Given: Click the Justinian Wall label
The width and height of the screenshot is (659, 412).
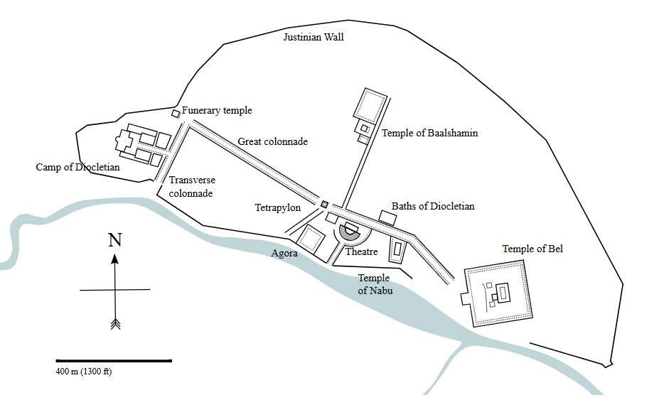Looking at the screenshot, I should pyautogui.click(x=314, y=37).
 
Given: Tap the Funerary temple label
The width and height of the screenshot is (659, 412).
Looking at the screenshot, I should pyautogui.click(x=217, y=111).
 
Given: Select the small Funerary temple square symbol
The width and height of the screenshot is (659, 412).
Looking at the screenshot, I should pyautogui.click(x=176, y=114).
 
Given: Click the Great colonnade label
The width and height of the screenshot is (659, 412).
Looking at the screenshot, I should pyautogui.click(x=272, y=142).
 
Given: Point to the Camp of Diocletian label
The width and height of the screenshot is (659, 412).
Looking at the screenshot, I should pyautogui.click(x=77, y=168).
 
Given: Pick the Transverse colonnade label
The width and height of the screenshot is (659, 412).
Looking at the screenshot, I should pyautogui.click(x=191, y=187).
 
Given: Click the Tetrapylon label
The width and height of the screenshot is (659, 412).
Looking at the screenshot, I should pyautogui.click(x=278, y=208).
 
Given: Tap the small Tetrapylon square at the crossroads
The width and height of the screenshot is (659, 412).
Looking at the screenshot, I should pyautogui.click(x=324, y=205).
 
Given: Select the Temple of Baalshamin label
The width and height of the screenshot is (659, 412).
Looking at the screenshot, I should pyautogui.click(x=429, y=133).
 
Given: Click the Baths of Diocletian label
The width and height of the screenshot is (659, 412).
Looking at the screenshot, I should pyautogui.click(x=433, y=207).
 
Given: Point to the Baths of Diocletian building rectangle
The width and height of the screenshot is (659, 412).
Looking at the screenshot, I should pyautogui.click(x=387, y=217).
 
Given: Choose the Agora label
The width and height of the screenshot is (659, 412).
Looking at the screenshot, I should pyautogui.click(x=284, y=253).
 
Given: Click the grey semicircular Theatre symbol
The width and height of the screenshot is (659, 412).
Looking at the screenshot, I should pyautogui.click(x=350, y=231).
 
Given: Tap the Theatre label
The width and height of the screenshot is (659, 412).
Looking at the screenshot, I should pyautogui.click(x=361, y=252).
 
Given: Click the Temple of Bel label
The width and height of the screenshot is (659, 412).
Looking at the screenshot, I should pyautogui.click(x=532, y=249).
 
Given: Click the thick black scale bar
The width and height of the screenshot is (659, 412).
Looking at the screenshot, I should pyautogui.click(x=114, y=361).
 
